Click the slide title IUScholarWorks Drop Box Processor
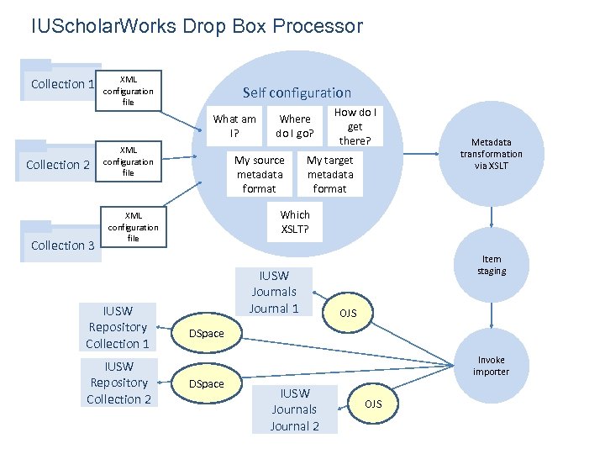point(197,26)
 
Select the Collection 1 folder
point(58,82)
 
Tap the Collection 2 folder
point(57,163)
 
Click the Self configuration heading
point(297,92)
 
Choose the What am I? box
point(234,126)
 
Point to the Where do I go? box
point(295,126)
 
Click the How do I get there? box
point(355,126)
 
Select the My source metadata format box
point(260,174)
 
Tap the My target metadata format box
point(330,174)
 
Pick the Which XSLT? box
point(295,222)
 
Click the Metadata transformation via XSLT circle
point(492,154)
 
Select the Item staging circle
point(492,265)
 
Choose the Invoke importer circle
point(491,366)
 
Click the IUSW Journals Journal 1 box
point(274,292)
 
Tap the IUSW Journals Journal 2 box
point(294,409)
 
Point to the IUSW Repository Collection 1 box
point(118,327)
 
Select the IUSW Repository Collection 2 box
point(118,383)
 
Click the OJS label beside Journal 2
point(373,404)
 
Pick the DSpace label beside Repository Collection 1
point(207,334)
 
